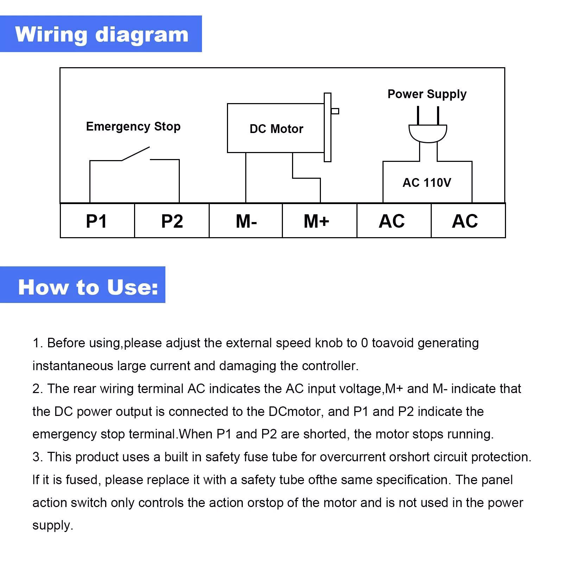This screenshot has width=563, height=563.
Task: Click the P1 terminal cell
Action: pos(97,221)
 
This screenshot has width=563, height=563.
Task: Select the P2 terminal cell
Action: pos(172,221)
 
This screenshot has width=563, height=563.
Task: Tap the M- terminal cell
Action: pos(246,221)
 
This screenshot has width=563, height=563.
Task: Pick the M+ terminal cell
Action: pos(320,221)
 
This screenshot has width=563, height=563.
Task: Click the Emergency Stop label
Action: pos(133,126)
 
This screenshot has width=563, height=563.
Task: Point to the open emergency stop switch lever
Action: pos(136,154)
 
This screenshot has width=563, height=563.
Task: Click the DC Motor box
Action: pos(276,128)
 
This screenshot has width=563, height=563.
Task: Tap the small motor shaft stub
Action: pos(335,111)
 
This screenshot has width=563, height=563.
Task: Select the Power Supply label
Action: pos(427,94)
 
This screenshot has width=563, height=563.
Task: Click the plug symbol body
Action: pos(428,133)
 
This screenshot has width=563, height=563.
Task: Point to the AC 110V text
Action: pos(427,183)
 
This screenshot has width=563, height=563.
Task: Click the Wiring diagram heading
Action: pos(101,34)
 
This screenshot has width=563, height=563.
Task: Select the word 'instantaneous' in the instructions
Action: pos(73,366)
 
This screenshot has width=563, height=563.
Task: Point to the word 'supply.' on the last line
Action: pos(53,525)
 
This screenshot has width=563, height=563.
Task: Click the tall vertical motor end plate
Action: pos(328,127)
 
